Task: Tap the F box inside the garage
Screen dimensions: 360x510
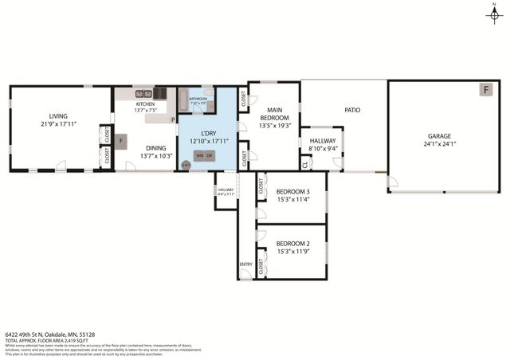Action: [485, 90]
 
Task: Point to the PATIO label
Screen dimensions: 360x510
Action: [353, 111]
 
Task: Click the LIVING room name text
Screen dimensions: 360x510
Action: [59, 115]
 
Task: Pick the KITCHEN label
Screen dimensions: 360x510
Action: [145, 104]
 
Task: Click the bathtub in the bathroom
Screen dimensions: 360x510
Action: [182, 101]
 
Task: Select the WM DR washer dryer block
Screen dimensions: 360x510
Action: [203, 155]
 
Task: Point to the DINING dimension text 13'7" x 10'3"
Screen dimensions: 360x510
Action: [155, 156]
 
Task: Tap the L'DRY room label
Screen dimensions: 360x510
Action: [209, 133]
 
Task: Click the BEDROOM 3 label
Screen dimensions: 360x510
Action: [292, 191]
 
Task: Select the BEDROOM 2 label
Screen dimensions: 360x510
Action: [292, 244]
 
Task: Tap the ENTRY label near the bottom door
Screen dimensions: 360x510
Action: [245, 264]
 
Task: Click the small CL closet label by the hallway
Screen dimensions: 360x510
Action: [305, 165]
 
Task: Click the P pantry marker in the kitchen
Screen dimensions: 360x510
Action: [172, 120]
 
